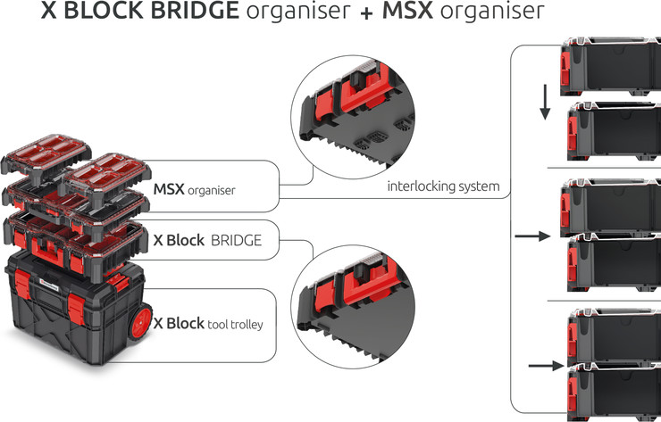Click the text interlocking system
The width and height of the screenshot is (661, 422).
pos(442,187)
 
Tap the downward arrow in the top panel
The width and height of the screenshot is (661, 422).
pos(542,103)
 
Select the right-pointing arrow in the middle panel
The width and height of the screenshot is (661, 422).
pos(532,237)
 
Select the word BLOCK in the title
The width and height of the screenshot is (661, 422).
pos(107,12)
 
